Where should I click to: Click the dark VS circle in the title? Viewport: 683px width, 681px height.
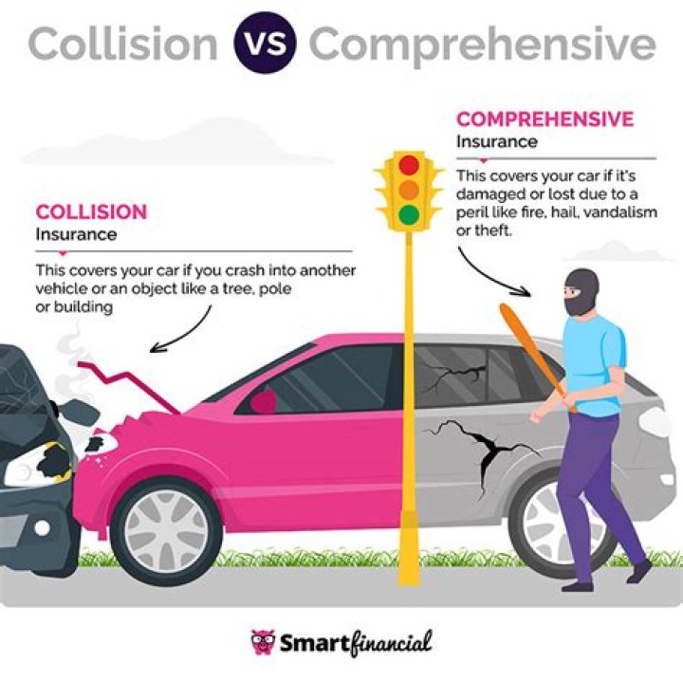point(265,43)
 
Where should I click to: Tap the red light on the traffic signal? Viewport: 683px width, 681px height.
point(409,165)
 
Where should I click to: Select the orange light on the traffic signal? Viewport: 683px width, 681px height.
point(409,190)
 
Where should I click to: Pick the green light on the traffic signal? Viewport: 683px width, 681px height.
point(409,214)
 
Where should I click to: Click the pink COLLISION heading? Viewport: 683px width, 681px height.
point(91,212)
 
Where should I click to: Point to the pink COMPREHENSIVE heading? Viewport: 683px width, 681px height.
point(545,120)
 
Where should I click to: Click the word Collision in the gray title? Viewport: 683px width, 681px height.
point(122,44)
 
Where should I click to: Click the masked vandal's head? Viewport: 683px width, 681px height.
point(581,291)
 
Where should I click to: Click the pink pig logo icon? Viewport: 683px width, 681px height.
point(263,642)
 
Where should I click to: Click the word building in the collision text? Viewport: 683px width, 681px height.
point(83,307)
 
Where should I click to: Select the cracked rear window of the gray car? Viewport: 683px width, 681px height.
point(451,374)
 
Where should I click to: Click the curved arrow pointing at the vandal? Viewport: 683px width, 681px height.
point(486,279)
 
